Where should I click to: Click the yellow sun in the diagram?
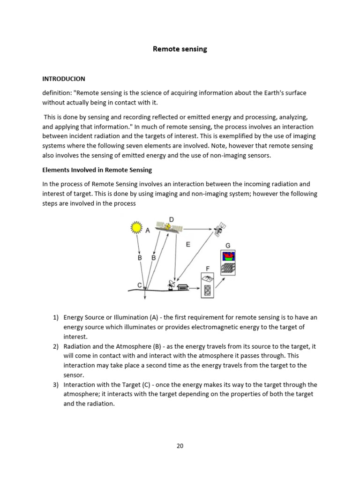pyautogui.click(x=136, y=228)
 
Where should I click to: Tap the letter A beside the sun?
pyautogui.click(x=148, y=231)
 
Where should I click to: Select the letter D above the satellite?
pyautogui.click(x=171, y=219)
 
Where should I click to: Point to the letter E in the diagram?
pyautogui.click(x=188, y=244)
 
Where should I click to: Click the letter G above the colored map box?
pyautogui.click(x=228, y=246)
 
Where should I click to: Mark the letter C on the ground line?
pyautogui.click(x=139, y=285)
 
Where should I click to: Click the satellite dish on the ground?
pyautogui.click(x=171, y=285)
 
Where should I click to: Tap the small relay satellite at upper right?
pyautogui.click(x=219, y=229)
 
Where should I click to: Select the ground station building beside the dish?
pyautogui.click(x=182, y=286)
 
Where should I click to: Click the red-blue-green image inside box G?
pyautogui.click(x=228, y=256)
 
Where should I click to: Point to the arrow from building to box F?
pyautogui.click(x=194, y=289)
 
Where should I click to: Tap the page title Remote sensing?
pyautogui.click(x=180, y=49)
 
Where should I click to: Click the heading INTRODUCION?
pyautogui.click(x=64, y=79)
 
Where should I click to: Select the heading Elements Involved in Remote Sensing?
pyautogui.click(x=97, y=170)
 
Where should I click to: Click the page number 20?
pyautogui.click(x=180, y=446)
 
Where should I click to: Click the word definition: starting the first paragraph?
pyautogui.click(x=57, y=93)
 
